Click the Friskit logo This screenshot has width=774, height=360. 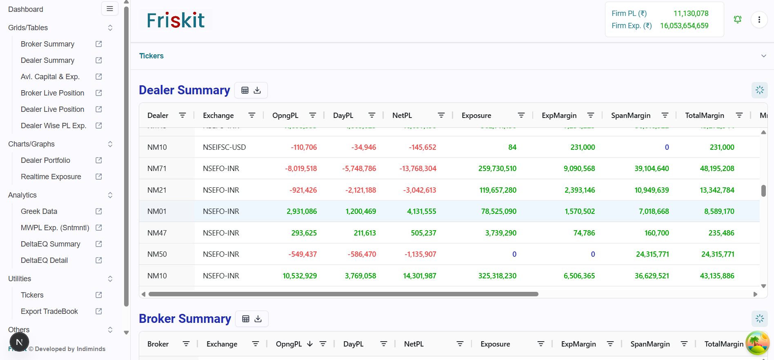[x=176, y=20]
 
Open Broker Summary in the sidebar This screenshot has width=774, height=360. [x=47, y=44]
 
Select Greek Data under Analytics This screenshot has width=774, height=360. [x=39, y=211]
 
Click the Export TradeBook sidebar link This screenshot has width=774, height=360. [x=49, y=311]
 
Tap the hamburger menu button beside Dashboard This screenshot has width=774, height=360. [x=109, y=9]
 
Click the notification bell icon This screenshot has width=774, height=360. [x=737, y=20]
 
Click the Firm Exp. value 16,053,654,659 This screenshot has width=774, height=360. [x=684, y=26]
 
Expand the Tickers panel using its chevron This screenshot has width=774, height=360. [x=763, y=56]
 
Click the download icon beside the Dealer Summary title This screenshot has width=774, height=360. [x=257, y=91]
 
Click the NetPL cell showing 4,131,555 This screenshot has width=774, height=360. [x=421, y=211]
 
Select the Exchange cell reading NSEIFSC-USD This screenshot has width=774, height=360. [x=224, y=147]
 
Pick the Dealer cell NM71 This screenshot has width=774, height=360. [x=157, y=169]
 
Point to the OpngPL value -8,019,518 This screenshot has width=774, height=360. [x=301, y=169]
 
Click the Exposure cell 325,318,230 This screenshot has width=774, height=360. [x=497, y=276]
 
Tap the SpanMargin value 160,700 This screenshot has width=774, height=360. [x=656, y=233]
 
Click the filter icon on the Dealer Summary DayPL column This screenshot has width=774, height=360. [x=371, y=116]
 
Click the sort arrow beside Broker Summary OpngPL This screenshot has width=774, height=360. [x=310, y=344]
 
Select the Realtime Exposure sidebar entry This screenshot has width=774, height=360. [x=51, y=177]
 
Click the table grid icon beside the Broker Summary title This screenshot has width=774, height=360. [x=245, y=319]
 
